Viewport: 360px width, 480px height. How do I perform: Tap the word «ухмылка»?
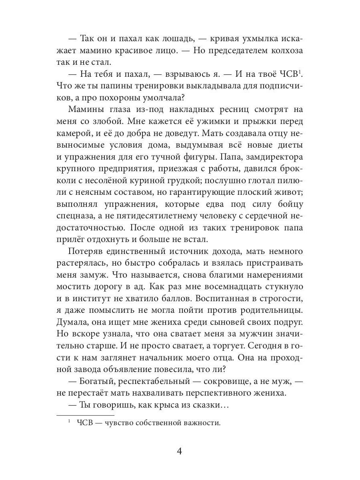(262, 39)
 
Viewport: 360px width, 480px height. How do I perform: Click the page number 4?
(180, 451)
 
